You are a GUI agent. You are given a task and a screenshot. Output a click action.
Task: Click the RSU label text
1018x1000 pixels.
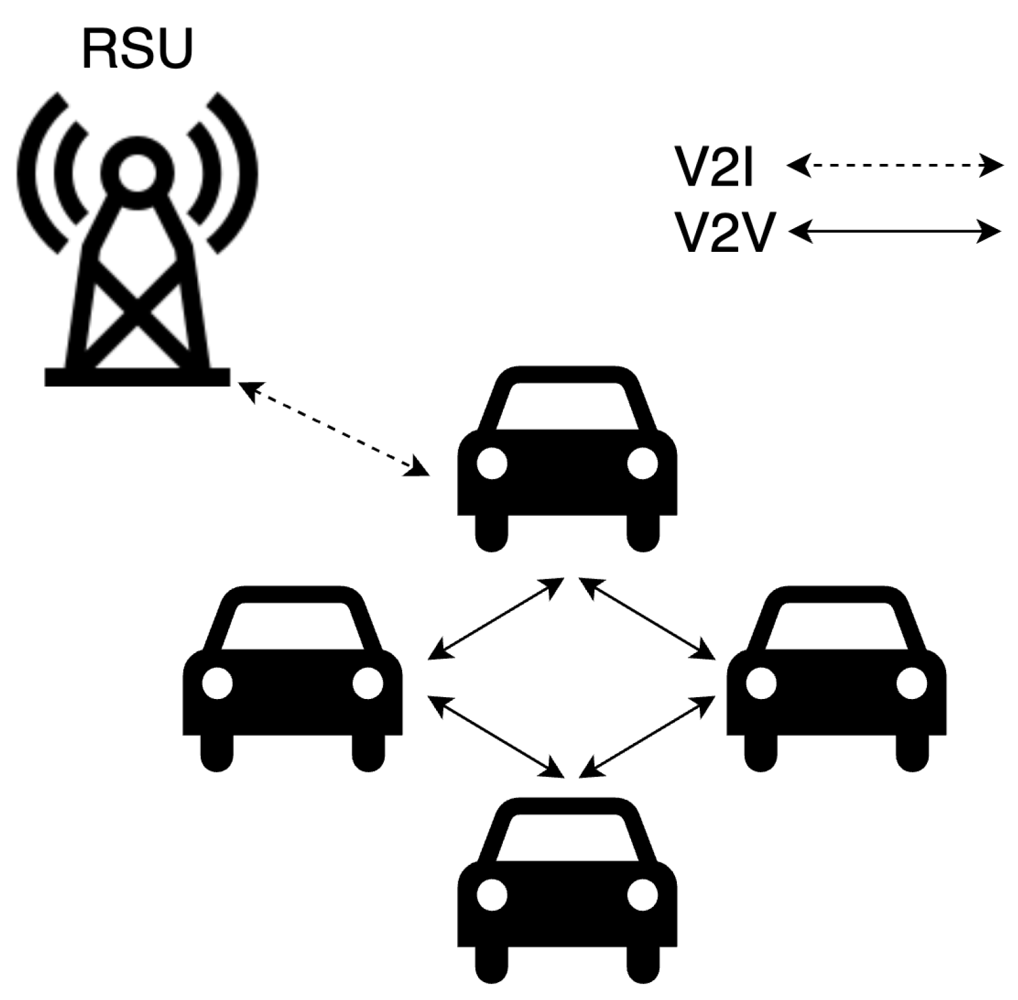tap(136, 50)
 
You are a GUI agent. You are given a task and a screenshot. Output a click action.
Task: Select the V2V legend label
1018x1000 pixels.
tap(724, 233)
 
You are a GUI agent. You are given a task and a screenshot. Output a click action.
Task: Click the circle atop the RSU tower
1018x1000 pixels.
tap(136, 170)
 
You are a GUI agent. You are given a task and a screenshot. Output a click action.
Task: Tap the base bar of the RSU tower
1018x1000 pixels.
tap(136, 377)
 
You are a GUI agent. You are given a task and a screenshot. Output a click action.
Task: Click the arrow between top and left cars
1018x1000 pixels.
tap(495, 619)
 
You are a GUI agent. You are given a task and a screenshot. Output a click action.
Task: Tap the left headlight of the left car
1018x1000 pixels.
tap(217, 683)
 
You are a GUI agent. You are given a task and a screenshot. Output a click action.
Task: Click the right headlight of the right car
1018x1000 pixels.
tap(912, 683)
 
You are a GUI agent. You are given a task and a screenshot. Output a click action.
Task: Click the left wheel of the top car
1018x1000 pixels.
tap(491, 533)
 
